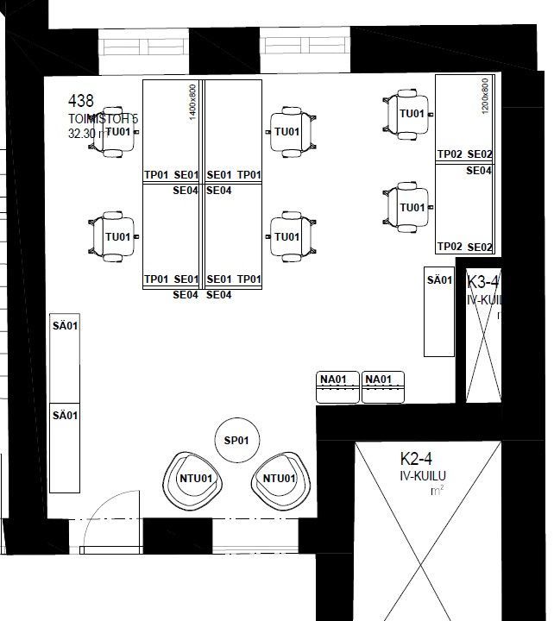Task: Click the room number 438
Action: (80, 102)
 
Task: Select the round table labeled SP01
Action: (236, 441)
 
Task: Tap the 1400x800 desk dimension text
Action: (193, 102)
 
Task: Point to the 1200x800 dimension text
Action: (485, 96)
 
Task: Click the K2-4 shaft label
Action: (415, 459)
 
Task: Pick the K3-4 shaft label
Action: (482, 282)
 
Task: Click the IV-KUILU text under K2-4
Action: (422, 475)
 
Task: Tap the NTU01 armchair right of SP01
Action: (279, 480)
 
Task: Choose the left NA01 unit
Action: (338, 387)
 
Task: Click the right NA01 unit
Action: (383, 387)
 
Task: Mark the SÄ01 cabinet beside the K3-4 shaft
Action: (439, 311)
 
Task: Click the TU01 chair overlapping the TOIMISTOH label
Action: (116, 132)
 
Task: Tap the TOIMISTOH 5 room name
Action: (103, 118)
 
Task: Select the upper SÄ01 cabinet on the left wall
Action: (66, 358)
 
